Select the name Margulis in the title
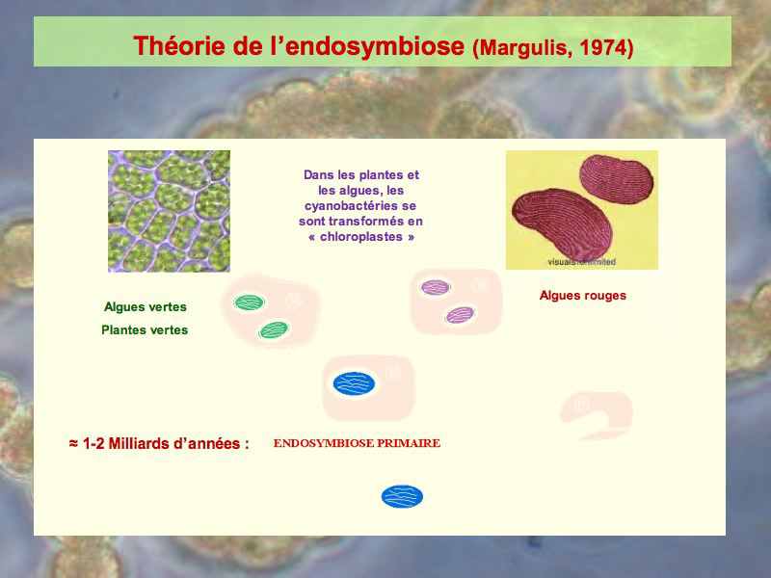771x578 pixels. (x=525, y=48)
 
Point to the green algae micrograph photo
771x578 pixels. (x=170, y=211)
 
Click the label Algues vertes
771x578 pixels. (x=146, y=306)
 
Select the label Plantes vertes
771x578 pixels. (x=145, y=329)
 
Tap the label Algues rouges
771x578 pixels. (x=583, y=296)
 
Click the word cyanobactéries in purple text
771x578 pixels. (x=360, y=206)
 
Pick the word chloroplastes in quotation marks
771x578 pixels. (x=361, y=237)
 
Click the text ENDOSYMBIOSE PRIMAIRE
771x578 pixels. (x=357, y=443)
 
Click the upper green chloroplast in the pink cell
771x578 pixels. (x=250, y=302)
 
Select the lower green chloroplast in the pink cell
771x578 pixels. (x=274, y=329)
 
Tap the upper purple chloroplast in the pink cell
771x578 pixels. (x=436, y=287)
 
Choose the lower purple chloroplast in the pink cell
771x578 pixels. (x=461, y=315)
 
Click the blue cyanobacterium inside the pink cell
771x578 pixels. (x=354, y=383)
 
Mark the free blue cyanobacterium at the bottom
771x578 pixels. (x=402, y=496)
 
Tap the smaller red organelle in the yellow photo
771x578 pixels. (x=616, y=179)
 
